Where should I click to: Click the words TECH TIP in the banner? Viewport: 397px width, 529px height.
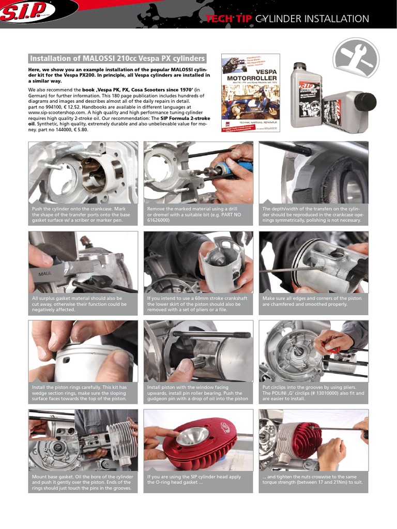point(229,19)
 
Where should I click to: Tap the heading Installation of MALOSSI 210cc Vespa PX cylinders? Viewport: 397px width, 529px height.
point(117,58)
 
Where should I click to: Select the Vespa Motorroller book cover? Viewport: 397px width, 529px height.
point(251,93)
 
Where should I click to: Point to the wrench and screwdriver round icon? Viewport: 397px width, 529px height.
point(356,58)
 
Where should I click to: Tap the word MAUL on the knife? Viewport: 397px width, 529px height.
point(45,274)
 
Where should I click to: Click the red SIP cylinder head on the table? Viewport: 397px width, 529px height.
point(197,442)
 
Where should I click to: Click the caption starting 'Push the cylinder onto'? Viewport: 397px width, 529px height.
point(81,214)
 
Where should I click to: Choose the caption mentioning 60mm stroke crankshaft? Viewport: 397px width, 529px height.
point(197,304)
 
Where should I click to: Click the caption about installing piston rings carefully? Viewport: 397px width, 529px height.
point(79,393)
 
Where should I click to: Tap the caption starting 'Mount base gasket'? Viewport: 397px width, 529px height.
point(82,483)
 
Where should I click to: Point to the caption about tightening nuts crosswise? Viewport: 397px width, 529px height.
point(313,479)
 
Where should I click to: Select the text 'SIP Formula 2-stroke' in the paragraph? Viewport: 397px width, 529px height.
point(185,118)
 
